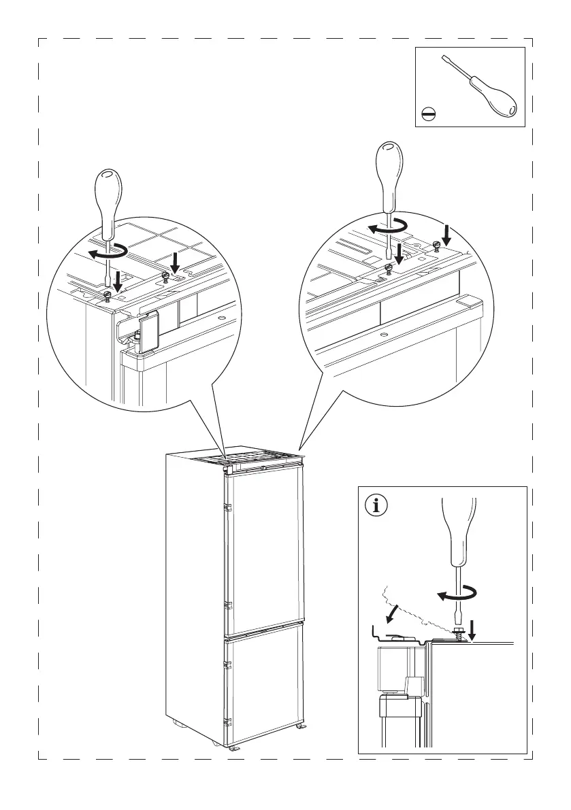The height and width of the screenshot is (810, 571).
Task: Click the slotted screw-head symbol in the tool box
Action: pyautogui.click(x=429, y=114)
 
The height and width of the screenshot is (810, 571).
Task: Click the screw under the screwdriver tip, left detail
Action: pyautogui.click(x=108, y=295)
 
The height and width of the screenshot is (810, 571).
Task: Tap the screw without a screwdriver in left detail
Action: pyautogui.click(x=165, y=276)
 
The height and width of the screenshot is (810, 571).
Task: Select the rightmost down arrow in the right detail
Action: pyautogui.click(x=446, y=235)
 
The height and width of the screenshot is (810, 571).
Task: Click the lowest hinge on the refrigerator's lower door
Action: pyautogui.click(x=229, y=723)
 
